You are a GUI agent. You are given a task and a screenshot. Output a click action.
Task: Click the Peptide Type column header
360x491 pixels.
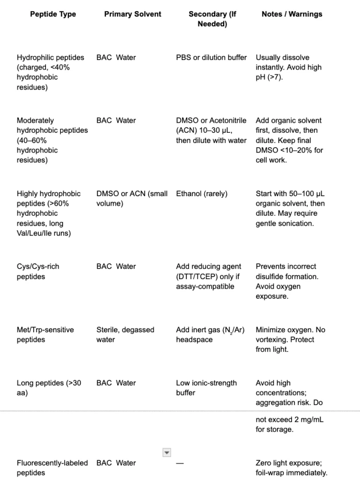tap(53, 14)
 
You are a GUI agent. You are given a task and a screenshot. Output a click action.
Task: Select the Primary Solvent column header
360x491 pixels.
tap(133, 14)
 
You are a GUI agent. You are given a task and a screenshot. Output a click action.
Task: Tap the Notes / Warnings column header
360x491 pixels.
tap(292, 14)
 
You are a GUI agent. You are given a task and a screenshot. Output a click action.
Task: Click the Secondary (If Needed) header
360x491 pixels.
tap(212, 19)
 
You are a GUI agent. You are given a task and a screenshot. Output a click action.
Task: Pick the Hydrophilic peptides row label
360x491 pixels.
tap(50, 72)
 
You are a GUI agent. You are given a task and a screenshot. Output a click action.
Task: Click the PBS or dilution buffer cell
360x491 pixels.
tap(211, 58)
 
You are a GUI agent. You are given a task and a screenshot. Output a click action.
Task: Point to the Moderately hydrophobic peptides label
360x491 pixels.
tap(52, 140)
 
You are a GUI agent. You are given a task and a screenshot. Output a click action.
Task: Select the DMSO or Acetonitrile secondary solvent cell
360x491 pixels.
tap(211, 130)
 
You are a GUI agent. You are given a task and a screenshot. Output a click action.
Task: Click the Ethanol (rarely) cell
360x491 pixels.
tap(202, 194)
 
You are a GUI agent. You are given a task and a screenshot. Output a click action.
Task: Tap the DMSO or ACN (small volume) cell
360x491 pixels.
tap(132, 199)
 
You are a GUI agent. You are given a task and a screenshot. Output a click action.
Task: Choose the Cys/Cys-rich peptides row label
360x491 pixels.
tap(38, 271)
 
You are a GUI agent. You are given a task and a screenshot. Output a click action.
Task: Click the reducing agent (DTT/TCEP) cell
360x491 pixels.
tap(209, 276)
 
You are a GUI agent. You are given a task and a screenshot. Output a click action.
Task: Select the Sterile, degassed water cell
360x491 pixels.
tap(125, 335)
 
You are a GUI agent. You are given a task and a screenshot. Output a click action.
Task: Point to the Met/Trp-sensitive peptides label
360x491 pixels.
tap(45, 335)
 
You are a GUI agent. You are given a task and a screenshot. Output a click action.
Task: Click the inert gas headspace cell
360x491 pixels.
tap(211, 335)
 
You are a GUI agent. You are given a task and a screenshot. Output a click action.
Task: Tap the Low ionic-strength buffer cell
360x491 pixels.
tap(206, 387)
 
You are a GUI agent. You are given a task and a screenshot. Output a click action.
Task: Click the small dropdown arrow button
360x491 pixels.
tap(166, 452)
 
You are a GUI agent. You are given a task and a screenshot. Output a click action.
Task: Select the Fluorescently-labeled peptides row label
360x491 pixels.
tap(52, 468)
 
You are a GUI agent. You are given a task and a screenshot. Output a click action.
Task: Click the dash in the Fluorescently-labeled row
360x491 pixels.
tap(179, 463)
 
